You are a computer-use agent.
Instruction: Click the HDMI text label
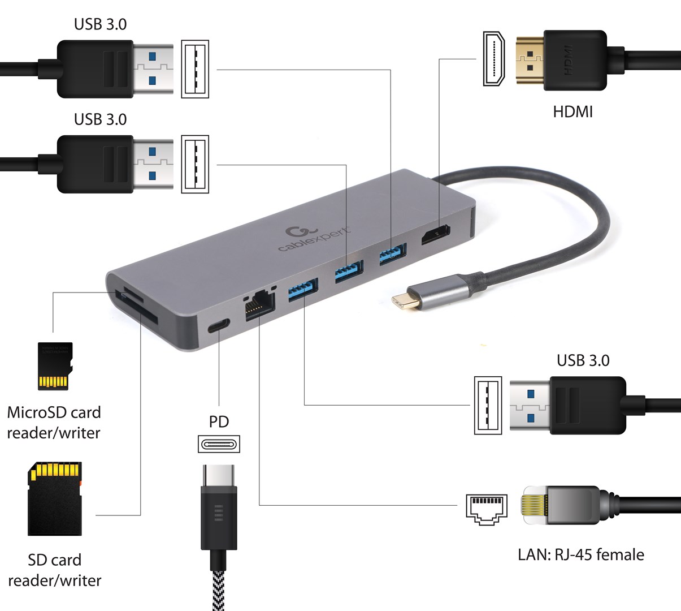coord(572,111)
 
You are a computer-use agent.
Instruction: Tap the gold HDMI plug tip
coord(530,61)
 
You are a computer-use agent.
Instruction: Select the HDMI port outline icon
coord(493,59)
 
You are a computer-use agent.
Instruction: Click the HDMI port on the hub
coord(435,236)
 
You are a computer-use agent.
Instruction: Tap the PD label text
coord(219,421)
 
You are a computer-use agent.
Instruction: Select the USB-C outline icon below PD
coord(219,444)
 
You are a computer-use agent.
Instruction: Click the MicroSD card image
coord(55,366)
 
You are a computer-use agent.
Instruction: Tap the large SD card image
coord(55,498)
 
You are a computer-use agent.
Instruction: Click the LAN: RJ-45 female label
coord(580,554)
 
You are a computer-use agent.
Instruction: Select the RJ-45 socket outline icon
coord(487,509)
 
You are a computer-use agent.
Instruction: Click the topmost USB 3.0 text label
coord(100,24)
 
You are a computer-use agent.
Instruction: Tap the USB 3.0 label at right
coord(583,360)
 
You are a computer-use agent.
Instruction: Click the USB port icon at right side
coord(488,406)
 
